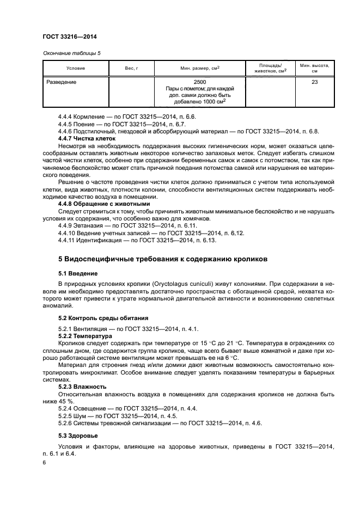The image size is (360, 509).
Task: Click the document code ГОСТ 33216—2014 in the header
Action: click(x=70, y=36)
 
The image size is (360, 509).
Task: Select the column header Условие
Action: click(x=76, y=68)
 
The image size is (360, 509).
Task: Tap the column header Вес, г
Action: click(x=131, y=68)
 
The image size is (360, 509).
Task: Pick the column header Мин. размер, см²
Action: click(x=200, y=68)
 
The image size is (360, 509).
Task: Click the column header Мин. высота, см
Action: click(x=315, y=68)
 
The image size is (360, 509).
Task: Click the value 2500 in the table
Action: click(x=200, y=82)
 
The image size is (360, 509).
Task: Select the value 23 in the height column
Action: click(x=315, y=82)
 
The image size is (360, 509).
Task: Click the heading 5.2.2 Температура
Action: click(x=83, y=336)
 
